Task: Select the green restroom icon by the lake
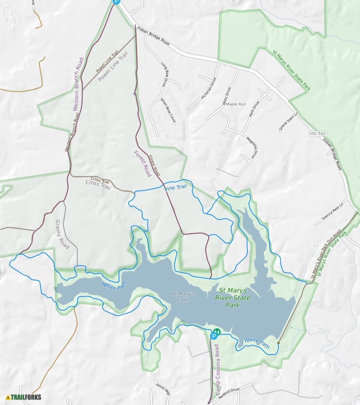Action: tap(218, 331)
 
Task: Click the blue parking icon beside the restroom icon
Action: tap(214, 336)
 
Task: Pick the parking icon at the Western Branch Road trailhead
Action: tap(116, 2)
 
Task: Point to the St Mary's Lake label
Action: tap(183, 297)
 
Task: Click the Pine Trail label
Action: tap(176, 187)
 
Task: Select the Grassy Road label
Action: tap(62, 235)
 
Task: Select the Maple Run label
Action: tap(236, 104)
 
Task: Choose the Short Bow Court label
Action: tap(168, 111)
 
